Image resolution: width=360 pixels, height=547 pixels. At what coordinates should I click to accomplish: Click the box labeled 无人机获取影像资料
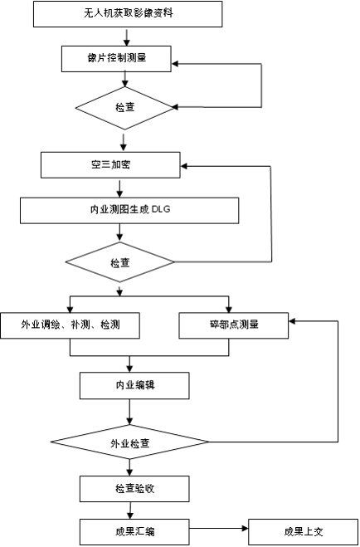click(128, 14)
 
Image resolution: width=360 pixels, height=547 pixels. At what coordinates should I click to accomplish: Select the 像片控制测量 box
click(116, 59)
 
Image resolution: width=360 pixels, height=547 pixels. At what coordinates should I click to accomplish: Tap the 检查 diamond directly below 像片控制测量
click(124, 108)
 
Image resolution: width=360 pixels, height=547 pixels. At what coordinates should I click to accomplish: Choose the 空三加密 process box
click(110, 164)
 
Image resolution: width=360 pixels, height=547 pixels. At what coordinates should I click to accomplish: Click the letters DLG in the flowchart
click(162, 210)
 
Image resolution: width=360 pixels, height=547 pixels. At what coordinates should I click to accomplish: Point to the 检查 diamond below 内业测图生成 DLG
click(120, 262)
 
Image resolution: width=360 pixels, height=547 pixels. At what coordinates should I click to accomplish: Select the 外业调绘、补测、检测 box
click(70, 325)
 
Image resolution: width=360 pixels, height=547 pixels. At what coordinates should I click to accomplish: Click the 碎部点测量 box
click(233, 325)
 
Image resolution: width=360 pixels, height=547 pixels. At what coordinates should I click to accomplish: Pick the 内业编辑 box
click(134, 385)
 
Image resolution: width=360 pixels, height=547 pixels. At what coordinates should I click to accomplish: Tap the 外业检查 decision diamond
click(130, 442)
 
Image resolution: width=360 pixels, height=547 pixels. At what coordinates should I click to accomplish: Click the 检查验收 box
click(134, 489)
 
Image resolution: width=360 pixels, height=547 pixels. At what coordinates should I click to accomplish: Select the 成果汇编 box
click(134, 532)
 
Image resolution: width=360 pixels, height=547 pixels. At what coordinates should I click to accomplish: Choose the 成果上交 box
click(304, 532)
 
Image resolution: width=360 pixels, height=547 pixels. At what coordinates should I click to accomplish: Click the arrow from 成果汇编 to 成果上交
click(219, 529)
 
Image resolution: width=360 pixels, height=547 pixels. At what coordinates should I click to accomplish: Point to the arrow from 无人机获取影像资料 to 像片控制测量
click(127, 37)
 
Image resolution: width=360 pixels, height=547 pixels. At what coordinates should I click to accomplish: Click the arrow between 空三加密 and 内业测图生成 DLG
click(120, 188)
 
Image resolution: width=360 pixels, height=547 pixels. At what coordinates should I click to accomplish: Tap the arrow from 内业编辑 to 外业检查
click(130, 412)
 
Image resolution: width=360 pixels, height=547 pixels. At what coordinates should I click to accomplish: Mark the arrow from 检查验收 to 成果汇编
click(130, 510)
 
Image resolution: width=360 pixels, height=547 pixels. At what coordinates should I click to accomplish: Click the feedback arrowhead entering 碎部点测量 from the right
click(292, 321)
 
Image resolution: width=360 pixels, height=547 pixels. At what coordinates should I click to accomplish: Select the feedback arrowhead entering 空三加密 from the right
click(184, 166)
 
